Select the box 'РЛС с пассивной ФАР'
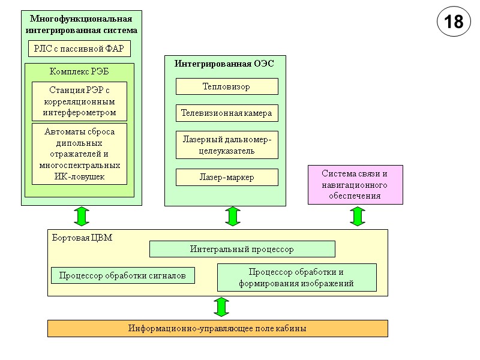tap(79, 49)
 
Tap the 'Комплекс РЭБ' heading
tap(79, 71)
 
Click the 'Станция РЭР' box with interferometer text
tap(79, 101)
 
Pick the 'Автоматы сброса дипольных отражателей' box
tap(79, 154)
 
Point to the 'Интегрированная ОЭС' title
tap(224, 64)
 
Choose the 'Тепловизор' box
tap(227, 86)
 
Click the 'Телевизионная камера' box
tap(227, 112)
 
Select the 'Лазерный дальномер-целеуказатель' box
tap(227, 145)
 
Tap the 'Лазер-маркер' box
tap(227, 177)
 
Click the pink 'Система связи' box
tap(355, 185)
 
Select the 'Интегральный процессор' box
tap(242, 248)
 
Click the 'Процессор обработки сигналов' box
tap(123, 275)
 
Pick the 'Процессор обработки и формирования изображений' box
tap(296, 277)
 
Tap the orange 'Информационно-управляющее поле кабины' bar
tap(217, 328)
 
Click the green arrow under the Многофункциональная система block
tap(82, 217)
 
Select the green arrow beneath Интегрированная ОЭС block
tap(233, 217)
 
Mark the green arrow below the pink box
tap(358, 217)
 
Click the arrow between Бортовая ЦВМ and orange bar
tap(221, 307)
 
